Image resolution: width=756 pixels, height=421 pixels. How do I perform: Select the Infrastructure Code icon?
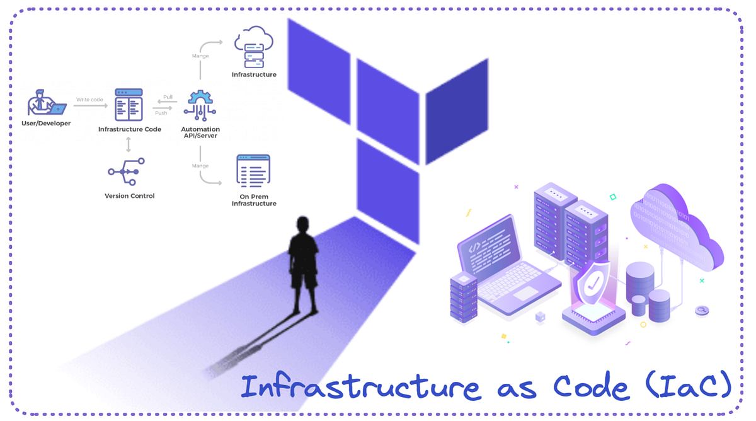(x=129, y=105)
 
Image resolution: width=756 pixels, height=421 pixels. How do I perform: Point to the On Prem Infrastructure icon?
(x=253, y=171)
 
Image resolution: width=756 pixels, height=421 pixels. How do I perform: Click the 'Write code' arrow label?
(x=89, y=100)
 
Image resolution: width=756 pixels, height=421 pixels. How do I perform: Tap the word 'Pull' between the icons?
(x=168, y=97)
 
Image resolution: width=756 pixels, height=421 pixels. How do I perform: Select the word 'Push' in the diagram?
(x=161, y=113)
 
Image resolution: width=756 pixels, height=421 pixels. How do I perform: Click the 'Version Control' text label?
(x=129, y=196)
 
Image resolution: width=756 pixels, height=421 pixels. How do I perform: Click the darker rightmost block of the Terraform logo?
(x=457, y=110)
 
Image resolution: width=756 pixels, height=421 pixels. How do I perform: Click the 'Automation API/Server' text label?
(x=200, y=132)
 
